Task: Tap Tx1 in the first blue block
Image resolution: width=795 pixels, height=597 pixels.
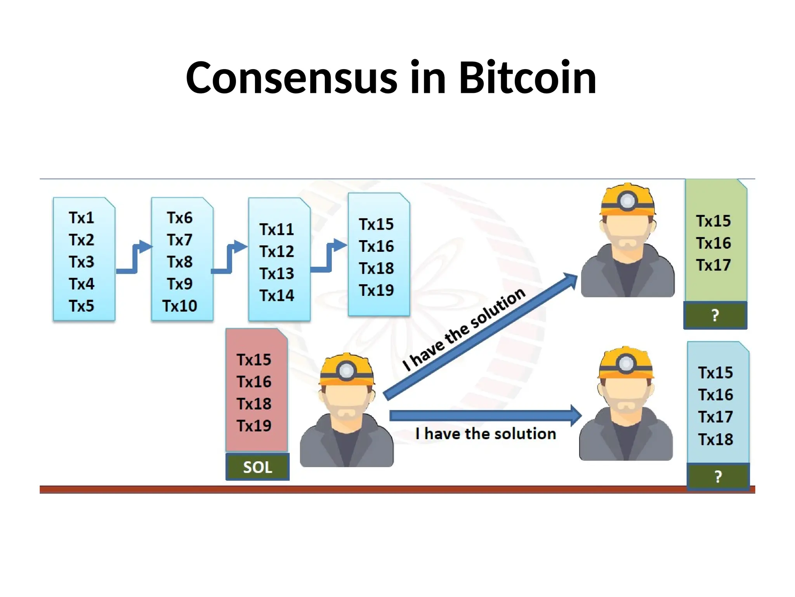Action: click(x=82, y=218)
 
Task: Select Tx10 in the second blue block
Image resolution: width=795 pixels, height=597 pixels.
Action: click(x=180, y=306)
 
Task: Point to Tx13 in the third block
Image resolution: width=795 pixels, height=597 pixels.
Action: click(x=277, y=273)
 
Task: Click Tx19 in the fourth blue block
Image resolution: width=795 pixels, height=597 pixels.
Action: click(x=376, y=290)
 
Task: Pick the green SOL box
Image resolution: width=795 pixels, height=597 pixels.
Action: click(x=257, y=467)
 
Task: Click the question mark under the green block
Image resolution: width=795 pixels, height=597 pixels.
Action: click(x=715, y=315)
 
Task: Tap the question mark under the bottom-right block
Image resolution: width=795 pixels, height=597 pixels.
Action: click(x=718, y=477)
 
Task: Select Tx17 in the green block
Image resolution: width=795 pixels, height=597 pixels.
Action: click(x=713, y=265)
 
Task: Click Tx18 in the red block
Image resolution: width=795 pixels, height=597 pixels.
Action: click(x=254, y=403)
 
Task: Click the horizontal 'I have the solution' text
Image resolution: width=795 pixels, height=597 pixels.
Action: click(x=485, y=433)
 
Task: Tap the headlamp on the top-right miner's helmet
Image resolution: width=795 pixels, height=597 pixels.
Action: click(x=628, y=201)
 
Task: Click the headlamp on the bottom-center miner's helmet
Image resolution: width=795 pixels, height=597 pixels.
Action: click(x=347, y=370)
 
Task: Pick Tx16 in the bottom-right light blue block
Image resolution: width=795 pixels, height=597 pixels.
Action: click(x=715, y=395)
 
